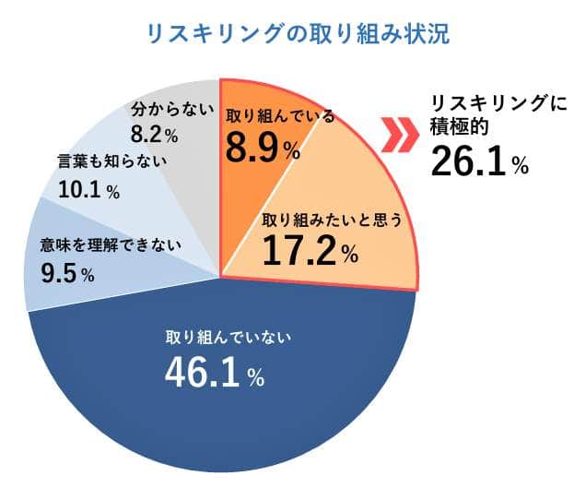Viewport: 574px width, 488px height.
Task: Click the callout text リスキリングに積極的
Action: pos(487,116)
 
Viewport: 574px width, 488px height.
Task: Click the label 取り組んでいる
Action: pos(280,116)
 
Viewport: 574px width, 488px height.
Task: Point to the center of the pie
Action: pos(221,274)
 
